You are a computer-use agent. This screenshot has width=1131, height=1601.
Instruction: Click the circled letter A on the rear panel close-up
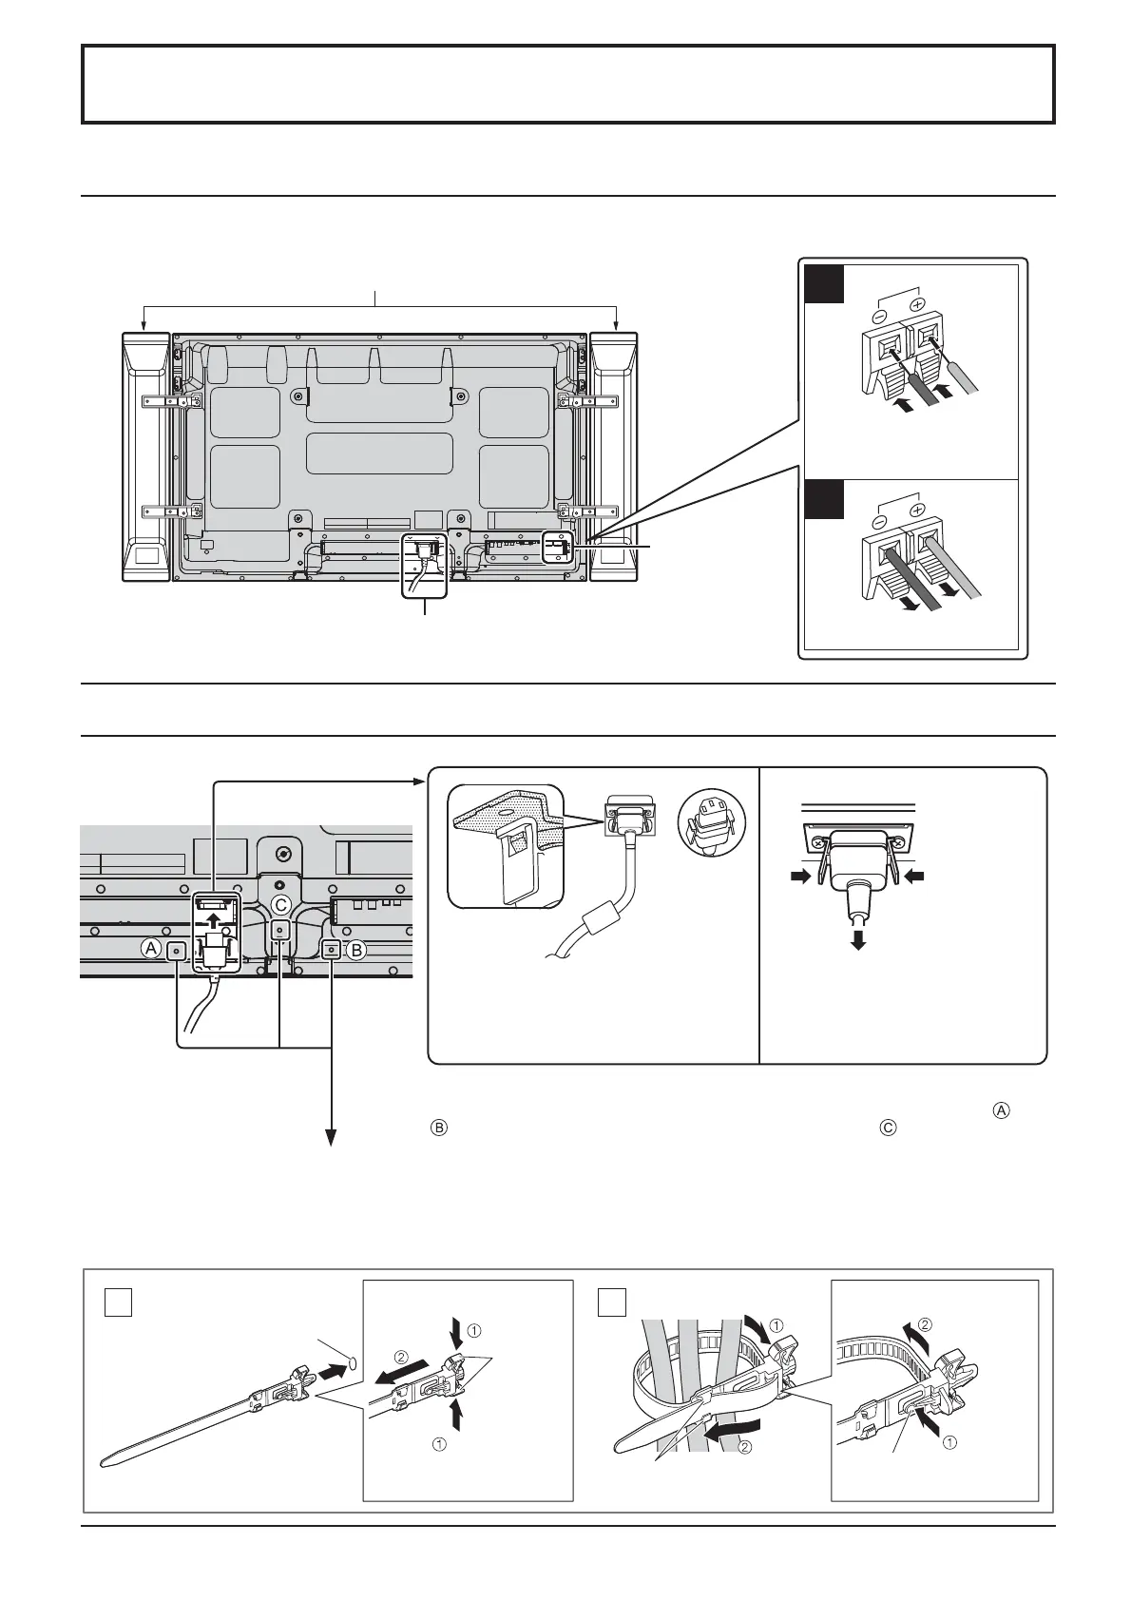149,948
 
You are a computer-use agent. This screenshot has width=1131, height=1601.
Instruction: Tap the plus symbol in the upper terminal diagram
917,305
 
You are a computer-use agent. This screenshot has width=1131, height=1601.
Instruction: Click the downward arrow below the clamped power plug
857,939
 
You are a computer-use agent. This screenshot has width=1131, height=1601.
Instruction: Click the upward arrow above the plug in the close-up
218,919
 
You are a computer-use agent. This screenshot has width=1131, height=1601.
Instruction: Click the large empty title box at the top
568,84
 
